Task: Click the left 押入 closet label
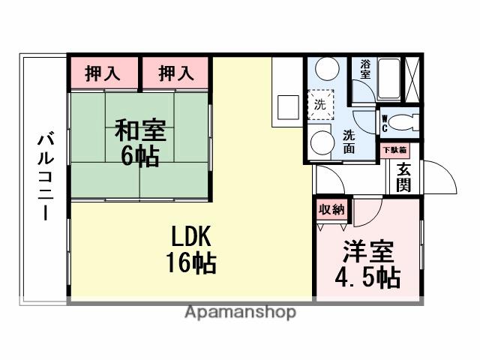click(103, 73)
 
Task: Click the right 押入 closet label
click(176, 73)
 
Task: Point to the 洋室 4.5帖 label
click(366, 265)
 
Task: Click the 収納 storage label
click(331, 209)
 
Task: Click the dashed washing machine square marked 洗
click(320, 104)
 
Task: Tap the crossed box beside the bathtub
click(412, 79)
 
